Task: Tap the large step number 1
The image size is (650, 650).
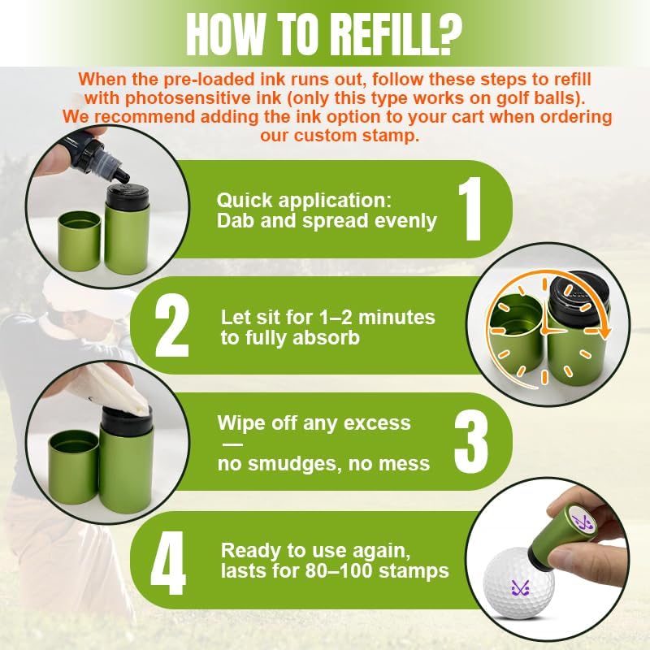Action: [x=470, y=209]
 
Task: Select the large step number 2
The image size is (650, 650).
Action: [x=171, y=326]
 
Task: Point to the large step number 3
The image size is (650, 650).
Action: [x=471, y=442]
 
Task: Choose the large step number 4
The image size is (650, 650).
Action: [x=168, y=562]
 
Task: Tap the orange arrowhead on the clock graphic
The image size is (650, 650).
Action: [x=605, y=331]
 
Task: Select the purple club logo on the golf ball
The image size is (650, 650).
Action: [x=520, y=587]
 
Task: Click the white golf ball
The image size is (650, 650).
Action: [x=519, y=583]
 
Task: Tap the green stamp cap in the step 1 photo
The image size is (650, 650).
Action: [x=79, y=240]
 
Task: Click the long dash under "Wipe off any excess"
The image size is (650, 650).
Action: [x=233, y=444]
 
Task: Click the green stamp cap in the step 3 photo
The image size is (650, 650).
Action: [x=74, y=466]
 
